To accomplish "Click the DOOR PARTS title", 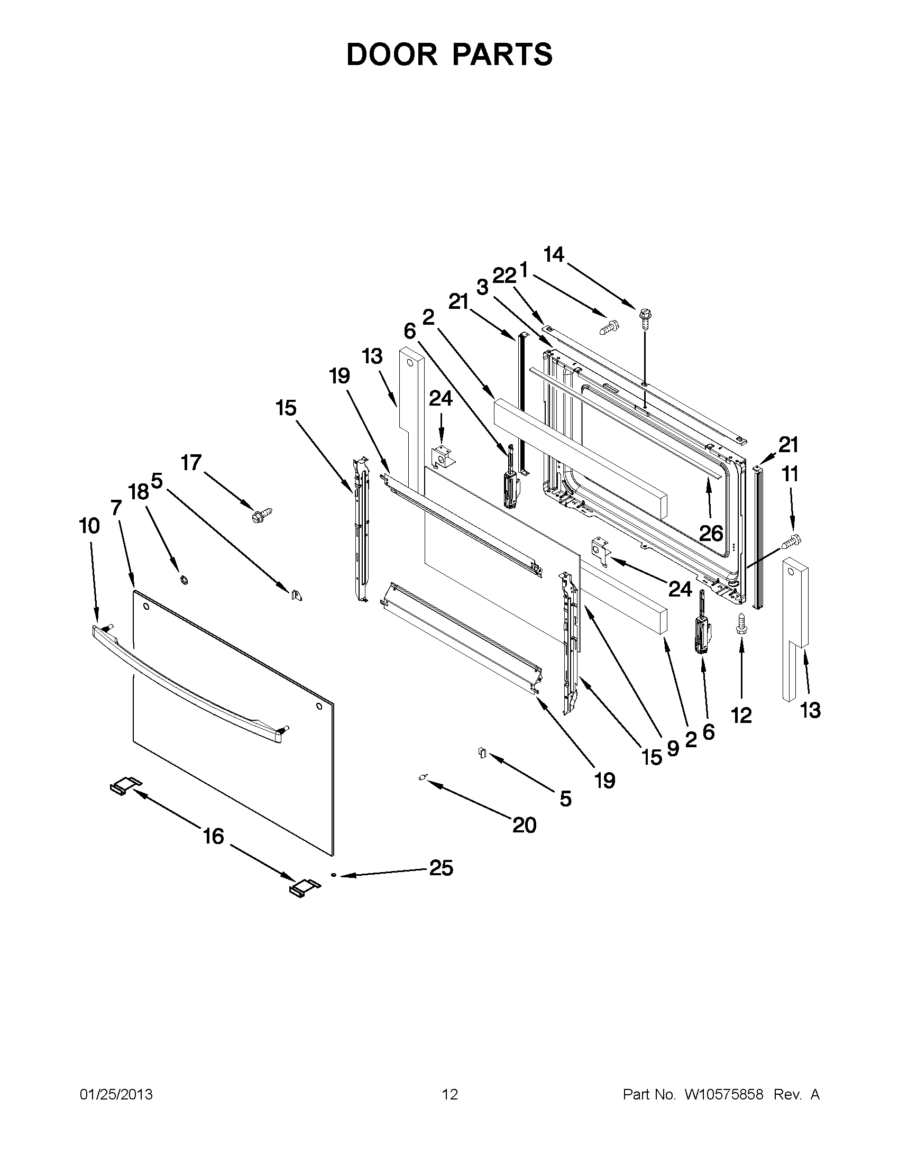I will tap(449, 54).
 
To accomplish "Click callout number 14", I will tap(554, 255).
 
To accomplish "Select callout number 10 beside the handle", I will tap(89, 526).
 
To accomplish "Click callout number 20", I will tap(524, 826).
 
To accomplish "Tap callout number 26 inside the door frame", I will tap(711, 533).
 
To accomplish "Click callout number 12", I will tap(741, 716).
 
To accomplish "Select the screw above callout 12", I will tap(741, 623).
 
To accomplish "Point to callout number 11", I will tap(790, 474).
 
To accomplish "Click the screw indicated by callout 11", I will tap(791, 541).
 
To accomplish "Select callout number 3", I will tap(482, 288).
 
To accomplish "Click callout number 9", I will tap(673, 749).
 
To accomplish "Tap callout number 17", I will tap(191, 463).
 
